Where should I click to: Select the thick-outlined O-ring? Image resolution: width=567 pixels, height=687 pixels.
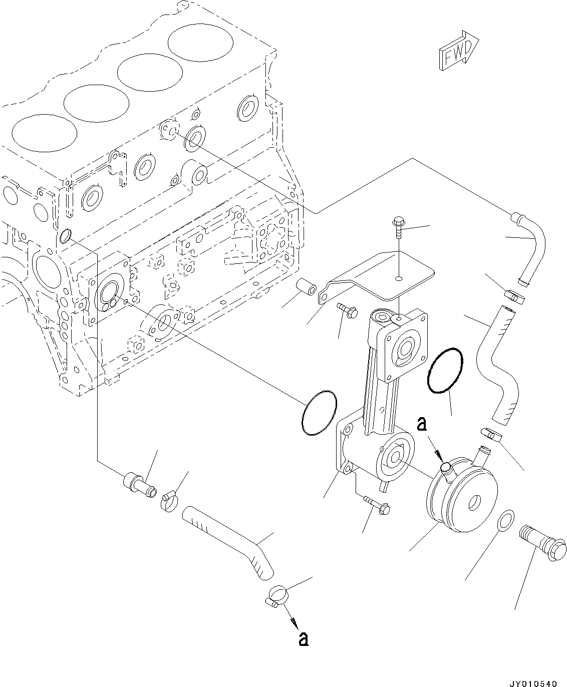tap(445, 370)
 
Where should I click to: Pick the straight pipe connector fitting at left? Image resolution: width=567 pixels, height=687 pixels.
tap(138, 483)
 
